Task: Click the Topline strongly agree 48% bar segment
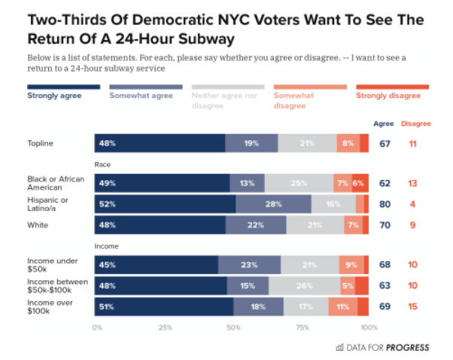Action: click(x=160, y=143)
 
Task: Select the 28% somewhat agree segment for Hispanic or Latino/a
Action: click(x=273, y=204)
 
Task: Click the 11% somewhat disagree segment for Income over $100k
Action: click(x=342, y=307)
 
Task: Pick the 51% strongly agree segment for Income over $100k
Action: click(x=163, y=307)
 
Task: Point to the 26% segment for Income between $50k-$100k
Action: click(x=304, y=286)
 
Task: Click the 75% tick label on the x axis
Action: click(x=303, y=328)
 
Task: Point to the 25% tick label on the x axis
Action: click(x=166, y=328)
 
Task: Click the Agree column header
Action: click(x=384, y=123)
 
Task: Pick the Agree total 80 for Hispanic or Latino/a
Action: click(x=384, y=204)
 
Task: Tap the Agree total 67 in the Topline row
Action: click(x=384, y=143)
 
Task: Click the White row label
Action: click(x=37, y=224)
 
